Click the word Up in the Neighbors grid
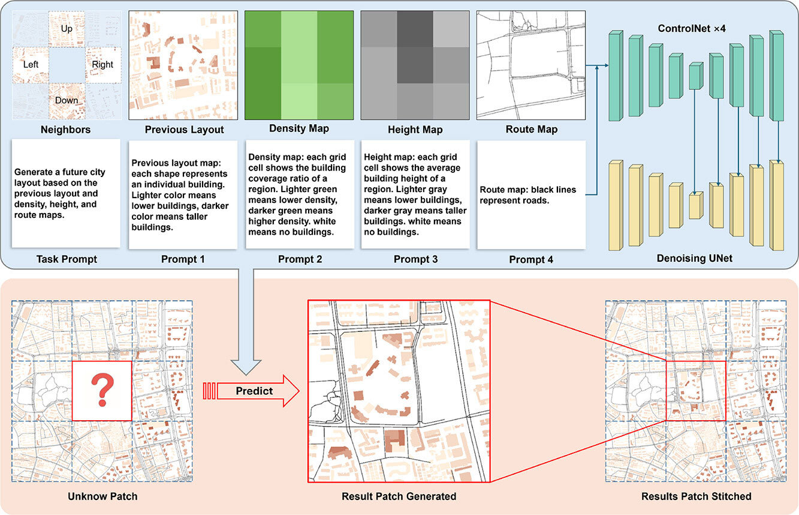pos(67,28)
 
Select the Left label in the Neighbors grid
pos(31,64)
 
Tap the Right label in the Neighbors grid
pos(103,64)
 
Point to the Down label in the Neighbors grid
pos(67,100)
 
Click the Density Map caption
pos(299,128)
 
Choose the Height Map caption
pos(415,130)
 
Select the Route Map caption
pos(531,129)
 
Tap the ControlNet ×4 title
pos(692,28)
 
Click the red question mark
pos(102,390)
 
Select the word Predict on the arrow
pos(254,391)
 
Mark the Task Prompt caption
pos(66,259)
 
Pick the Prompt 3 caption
pos(415,259)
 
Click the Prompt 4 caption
pos(531,260)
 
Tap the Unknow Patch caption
pos(102,496)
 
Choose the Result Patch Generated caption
pos(399,496)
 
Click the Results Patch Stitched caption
pos(696,496)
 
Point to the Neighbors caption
pos(67,130)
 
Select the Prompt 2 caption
pos(300,259)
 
